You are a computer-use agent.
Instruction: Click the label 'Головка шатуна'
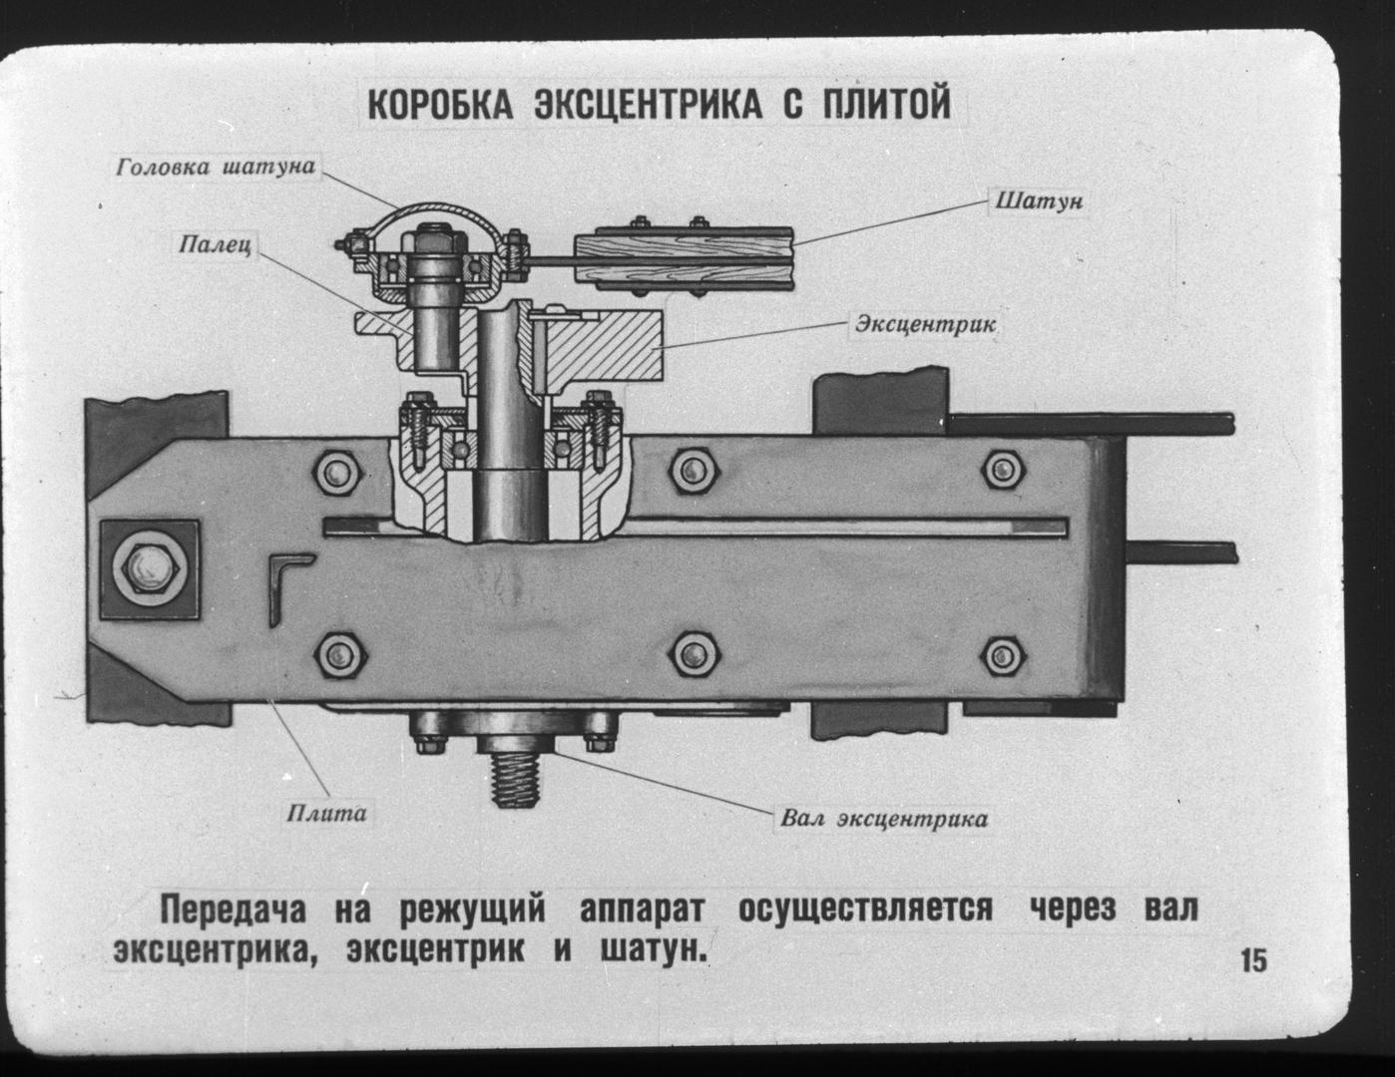point(216,167)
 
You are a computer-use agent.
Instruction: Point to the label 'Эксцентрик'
point(924,325)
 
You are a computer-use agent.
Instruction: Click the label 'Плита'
point(326,813)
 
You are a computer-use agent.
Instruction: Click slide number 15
point(1253,961)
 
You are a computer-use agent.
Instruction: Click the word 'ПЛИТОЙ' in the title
point(886,104)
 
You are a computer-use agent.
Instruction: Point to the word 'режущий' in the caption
point(473,909)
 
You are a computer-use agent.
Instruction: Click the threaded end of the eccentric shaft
point(516,779)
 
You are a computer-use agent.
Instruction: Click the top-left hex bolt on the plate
point(342,470)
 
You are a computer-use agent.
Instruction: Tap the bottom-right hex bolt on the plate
point(1000,655)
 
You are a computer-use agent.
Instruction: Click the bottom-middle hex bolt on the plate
point(692,655)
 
